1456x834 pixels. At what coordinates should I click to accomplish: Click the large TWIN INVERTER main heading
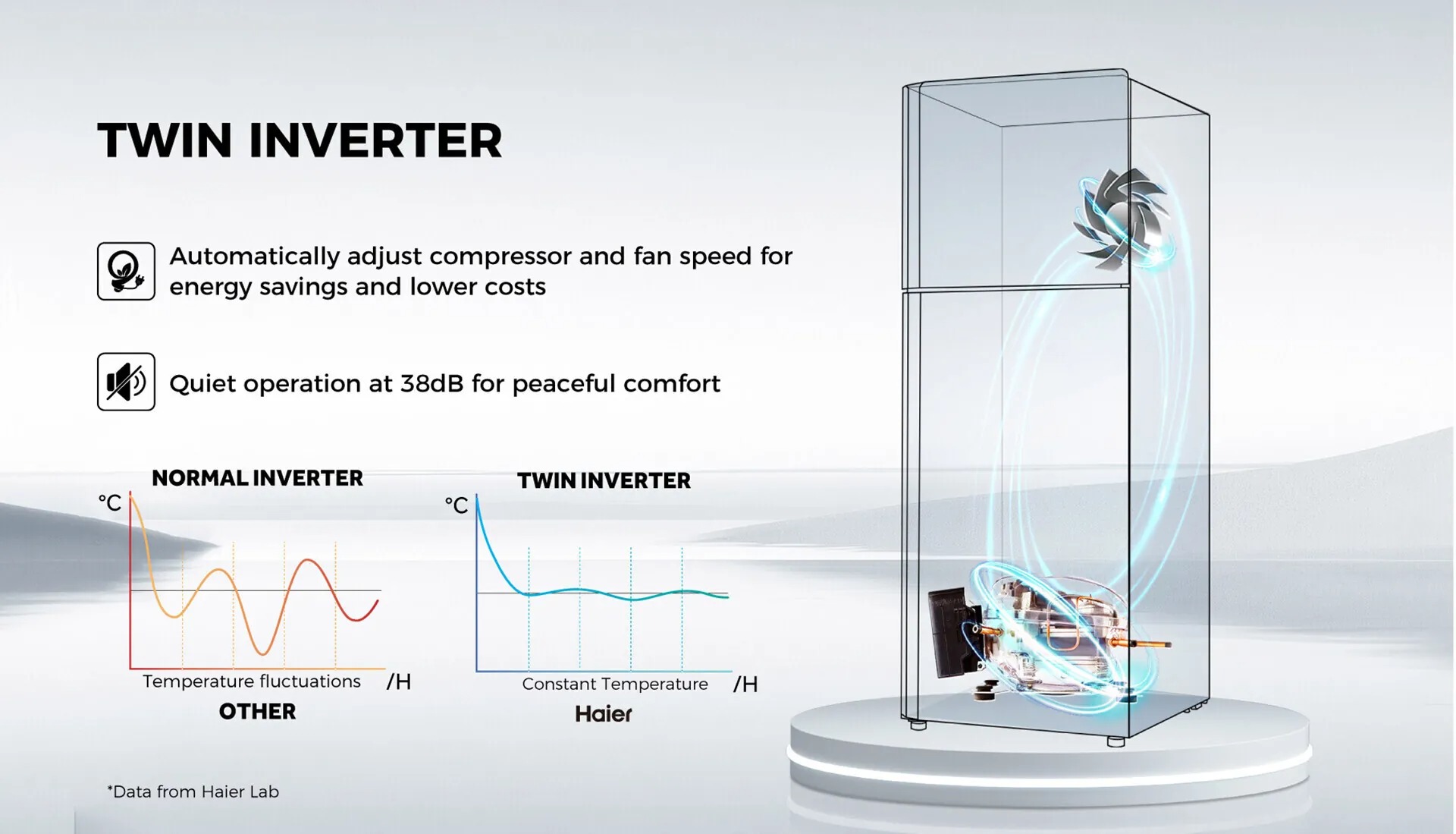point(300,140)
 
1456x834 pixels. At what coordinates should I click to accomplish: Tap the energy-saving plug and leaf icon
point(126,272)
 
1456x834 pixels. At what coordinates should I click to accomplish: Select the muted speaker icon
point(126,382)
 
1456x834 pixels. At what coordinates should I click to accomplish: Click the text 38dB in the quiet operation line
point(431,383)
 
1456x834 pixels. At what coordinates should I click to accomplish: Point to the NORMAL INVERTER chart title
point(257,478)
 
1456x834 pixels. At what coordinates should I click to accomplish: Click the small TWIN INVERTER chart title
point(604,480)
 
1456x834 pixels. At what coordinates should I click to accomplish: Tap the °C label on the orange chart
point(110,502)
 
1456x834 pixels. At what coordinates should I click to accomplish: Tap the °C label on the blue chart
point(457,505)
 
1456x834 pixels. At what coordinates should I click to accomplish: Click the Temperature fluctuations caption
point(252,681)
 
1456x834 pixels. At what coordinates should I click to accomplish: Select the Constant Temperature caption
point(615,684)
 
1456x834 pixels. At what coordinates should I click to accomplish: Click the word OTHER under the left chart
point(257,712)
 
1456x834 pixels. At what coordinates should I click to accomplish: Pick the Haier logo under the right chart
point(604,713)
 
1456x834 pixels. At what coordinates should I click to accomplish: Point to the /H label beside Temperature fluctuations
point(399,681)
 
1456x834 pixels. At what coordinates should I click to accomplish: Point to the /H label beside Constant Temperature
point(745,685)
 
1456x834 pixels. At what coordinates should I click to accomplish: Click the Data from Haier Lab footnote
point(193,792)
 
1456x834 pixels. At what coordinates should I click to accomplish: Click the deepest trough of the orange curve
point(263,653)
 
